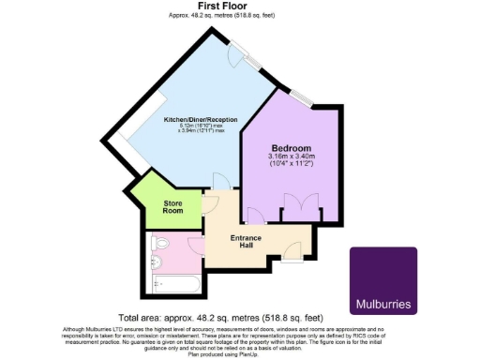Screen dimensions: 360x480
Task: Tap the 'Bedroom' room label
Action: pyautogui.click(x=292, y=148)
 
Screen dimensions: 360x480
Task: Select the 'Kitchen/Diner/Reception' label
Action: pyautogui.click(x=201, y=120)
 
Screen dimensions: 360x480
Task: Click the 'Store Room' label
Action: pyautogui.click(x=172, y=205)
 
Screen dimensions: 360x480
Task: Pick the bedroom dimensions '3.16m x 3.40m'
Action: pyautogui.click(x=292, y=157)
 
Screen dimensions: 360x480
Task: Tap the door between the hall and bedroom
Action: pyautogui.click(x=254, y=215)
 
